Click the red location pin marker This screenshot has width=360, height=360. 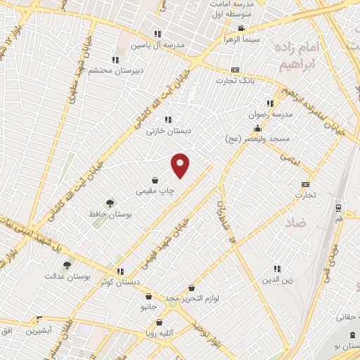(181, 165)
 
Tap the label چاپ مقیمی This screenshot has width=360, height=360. (154, 191)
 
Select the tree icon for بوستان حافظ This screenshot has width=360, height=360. (109, 202)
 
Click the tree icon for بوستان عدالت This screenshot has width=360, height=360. (67, 265)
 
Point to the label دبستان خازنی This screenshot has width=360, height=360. (165, 131)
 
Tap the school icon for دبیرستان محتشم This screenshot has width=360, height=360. (115, 60)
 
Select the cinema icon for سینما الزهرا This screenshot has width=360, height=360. (241, 29)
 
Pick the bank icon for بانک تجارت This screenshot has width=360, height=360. (235, 70)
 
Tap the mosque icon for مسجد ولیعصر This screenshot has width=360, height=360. (258, 128)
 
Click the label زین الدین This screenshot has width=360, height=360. (276, 280)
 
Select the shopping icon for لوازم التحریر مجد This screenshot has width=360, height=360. (193, 288)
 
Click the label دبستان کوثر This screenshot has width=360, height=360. (120, 282)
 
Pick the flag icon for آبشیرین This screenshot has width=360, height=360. (40, 319)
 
